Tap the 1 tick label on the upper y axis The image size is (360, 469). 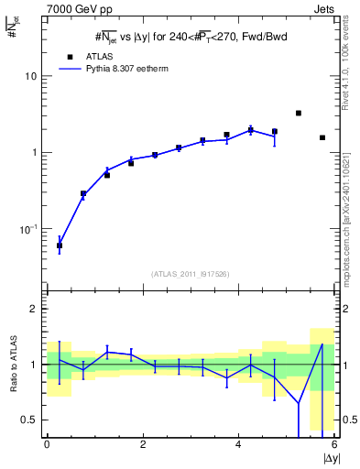[x=35, y=152]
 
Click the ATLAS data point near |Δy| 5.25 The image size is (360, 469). [x=299, y=113]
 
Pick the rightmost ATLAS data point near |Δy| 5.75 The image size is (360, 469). [x=322, y=137]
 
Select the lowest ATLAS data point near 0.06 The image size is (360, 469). [x=60, y=245]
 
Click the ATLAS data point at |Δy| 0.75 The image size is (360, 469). [x=83, y=193]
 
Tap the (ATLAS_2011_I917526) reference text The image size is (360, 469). [x=190, y=273]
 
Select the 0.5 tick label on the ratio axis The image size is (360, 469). [x=30, y=420]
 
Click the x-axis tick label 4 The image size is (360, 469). [x=238, y=444]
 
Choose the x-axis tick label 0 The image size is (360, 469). [x=47, y=444]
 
